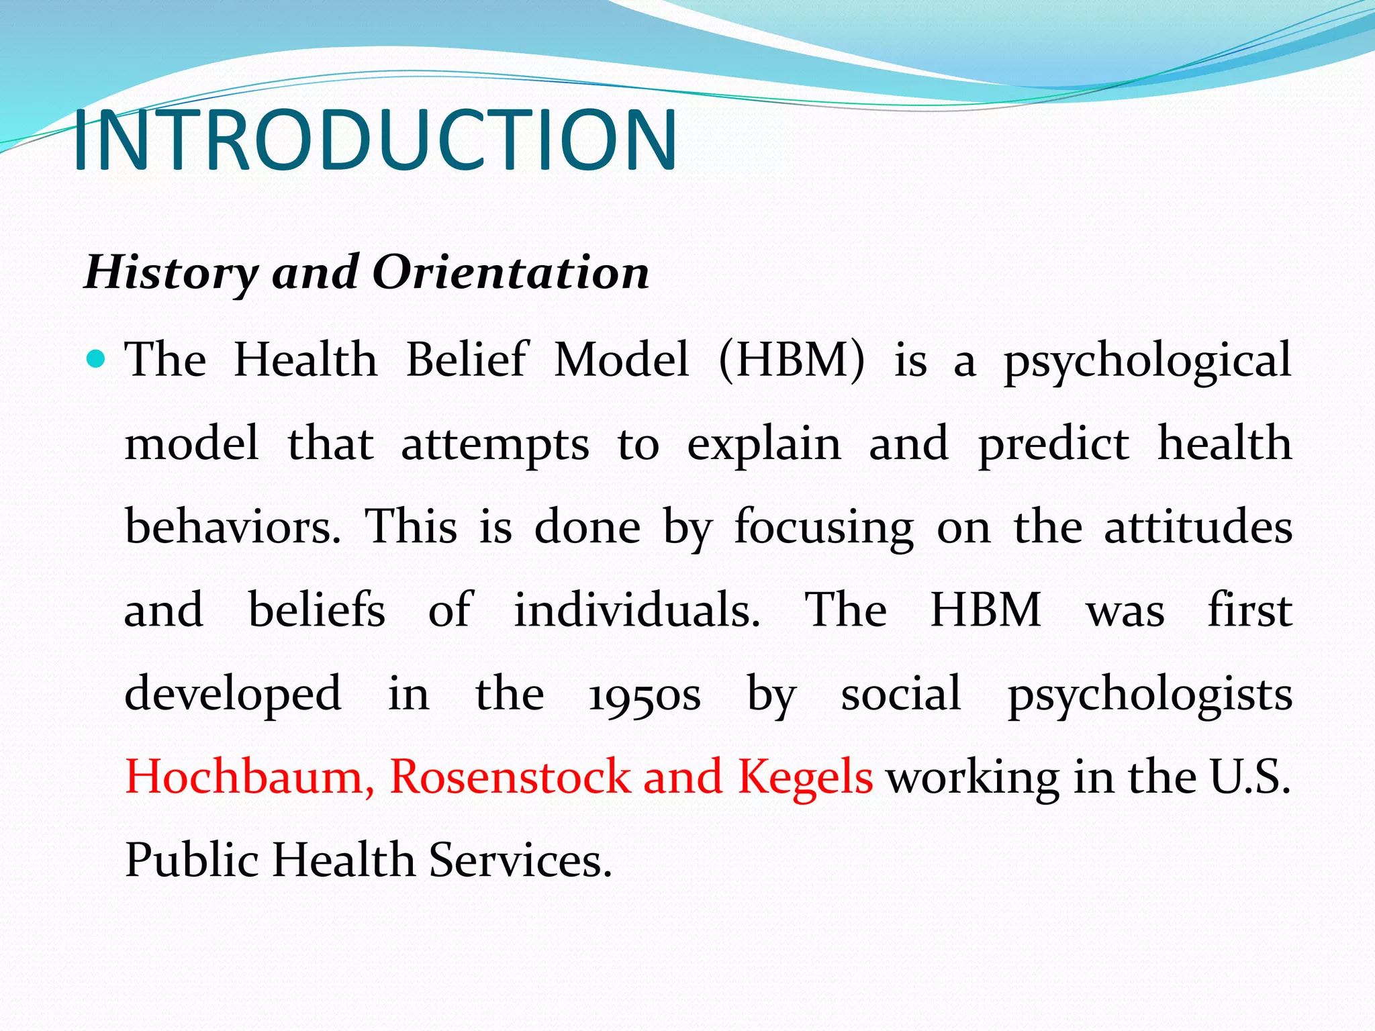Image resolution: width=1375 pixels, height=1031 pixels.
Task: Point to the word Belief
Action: tap(467, 360)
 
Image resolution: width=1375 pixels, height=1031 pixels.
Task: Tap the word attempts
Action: tap(495, 444)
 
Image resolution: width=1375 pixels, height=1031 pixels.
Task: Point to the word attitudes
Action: tap(1198, 527)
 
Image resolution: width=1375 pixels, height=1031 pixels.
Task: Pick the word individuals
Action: tap(637, 610)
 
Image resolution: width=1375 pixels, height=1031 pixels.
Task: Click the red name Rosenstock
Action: tap(510, 777)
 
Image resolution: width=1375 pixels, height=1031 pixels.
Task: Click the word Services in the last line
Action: tap(520, 861)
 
